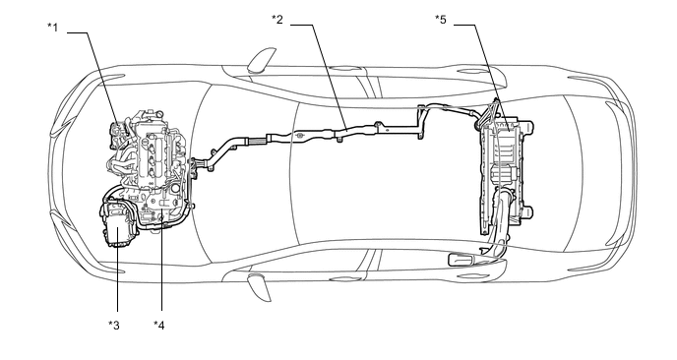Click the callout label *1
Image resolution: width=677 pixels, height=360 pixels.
[x=52, y=28]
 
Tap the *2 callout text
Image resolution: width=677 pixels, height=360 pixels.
[x=277, y=19]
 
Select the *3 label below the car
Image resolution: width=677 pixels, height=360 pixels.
[x=114, y=325]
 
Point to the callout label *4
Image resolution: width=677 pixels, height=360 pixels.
[x=158, y=325]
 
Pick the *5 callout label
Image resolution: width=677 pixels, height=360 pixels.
[x=441, y=19]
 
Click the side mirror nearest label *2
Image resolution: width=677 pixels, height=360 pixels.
[x=262, y=59]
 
